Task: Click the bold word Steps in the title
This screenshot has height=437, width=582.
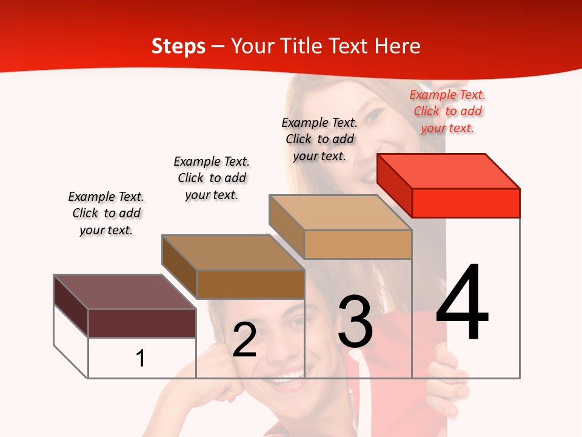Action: (x=178, y=46)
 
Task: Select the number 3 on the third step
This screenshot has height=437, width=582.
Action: (x=355, y=322)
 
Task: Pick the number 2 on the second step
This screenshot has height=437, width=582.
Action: (x=244, y=340)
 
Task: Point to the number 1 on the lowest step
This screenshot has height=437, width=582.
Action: (x=140, y=358)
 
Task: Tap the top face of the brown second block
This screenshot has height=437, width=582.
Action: (x=233, y=252)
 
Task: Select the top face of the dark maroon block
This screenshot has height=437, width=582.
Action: (x=124, y=292)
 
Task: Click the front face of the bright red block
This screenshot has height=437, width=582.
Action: (x=466, y=203)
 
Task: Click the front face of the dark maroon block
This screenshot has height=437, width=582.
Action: (x=142, y=323)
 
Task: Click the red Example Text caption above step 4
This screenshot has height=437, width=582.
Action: (x=447, y=111)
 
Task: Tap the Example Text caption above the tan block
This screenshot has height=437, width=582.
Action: (x=319, y=139)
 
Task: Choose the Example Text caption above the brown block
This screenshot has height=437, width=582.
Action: (x=212, y=178)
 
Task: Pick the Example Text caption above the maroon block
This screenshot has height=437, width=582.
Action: (x=106, y=213)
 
